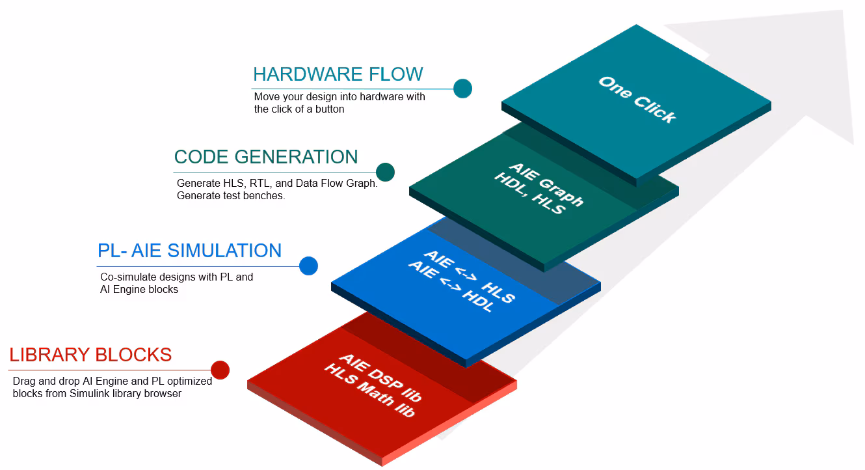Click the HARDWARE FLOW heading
coord(338,74)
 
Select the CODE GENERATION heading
coord(266,157)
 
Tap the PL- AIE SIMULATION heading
coord(189,251)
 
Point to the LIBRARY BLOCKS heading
coord(90,355)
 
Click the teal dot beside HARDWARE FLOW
coord(462,89)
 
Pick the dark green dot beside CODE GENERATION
coord(385,172)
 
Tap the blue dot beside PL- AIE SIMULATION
coord(308,266)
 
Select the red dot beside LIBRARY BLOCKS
coord(220,370)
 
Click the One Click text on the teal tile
coord(637,100)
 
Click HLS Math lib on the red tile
coord(369,389)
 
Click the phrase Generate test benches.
coord(231,195)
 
